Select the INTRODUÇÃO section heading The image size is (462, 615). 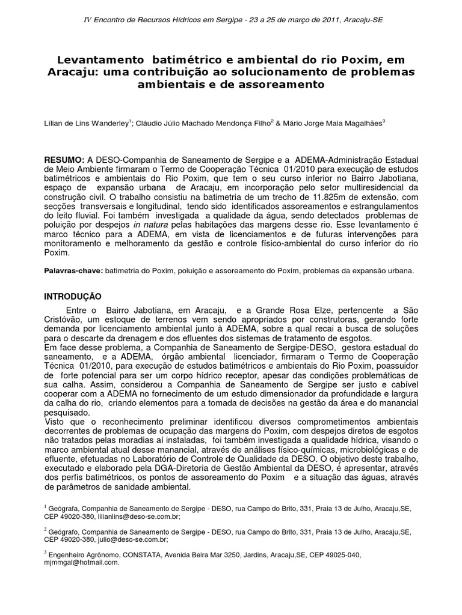74,297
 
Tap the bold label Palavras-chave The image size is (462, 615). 73,271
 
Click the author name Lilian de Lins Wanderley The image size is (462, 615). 87,122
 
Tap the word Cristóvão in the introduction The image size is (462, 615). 66,319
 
